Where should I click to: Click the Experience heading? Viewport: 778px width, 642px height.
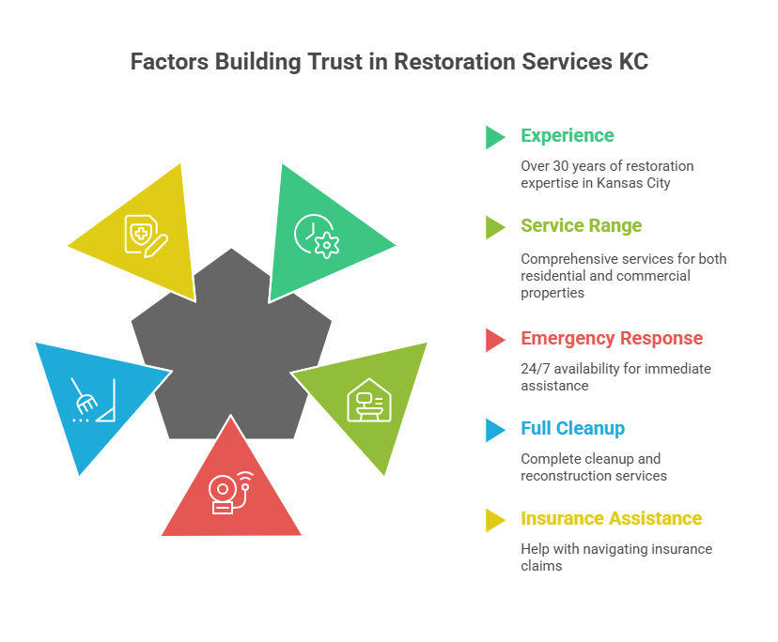tap(567, 136)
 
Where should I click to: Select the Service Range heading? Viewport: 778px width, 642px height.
tap(581, 226)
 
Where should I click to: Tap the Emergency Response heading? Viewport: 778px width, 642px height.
tap(612, 339)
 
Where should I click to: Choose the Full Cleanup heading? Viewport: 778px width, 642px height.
tap(572, 429)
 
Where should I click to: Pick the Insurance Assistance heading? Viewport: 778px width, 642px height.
tap(611, 519)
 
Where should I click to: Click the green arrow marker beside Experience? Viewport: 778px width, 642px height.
tap(494, 137)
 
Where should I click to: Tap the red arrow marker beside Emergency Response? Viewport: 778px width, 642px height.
tap(494, 340)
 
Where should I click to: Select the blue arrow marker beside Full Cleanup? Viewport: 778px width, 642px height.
tap(494, 430)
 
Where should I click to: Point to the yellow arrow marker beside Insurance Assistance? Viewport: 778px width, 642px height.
tap(494, 520)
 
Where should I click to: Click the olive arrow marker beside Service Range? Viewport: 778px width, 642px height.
tap(494, 227)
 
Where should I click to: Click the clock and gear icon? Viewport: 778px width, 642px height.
tap(316, 236)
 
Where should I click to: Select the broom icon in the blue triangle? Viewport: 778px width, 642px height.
tap(92, 400)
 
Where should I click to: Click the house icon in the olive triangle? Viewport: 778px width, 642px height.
tap(369, 400)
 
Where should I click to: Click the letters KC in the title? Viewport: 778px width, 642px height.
tap(631, 62)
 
